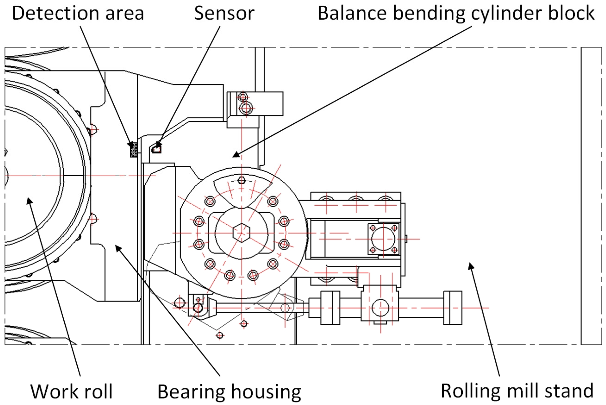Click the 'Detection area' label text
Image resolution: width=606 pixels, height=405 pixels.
click(78, 13)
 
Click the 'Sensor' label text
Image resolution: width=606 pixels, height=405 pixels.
click(224, 13)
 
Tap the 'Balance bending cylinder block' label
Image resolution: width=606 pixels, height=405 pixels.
click(456, 13)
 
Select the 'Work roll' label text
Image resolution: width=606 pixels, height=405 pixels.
click(72, 391)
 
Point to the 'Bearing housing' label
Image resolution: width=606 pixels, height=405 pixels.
click(229, 391)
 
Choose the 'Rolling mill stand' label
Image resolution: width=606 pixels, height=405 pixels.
click(517, 391)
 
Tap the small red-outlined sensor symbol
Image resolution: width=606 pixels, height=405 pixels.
click(157, 149)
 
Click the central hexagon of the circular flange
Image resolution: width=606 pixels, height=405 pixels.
click(242, 233)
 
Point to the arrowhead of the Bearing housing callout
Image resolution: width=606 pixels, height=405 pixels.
click(118, 248)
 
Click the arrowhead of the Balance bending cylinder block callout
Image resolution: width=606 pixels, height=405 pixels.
click(236, 155)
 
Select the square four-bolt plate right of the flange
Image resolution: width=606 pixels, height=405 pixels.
click(384, 239)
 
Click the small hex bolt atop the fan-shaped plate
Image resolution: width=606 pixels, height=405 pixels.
click(242, 180)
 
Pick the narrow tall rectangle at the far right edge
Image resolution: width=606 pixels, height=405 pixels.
click(591, 196)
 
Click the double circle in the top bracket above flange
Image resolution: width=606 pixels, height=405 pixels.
click(246, 108)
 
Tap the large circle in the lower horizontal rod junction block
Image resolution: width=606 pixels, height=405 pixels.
click(380, 308)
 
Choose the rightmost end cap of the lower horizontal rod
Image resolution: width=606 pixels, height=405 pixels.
click(453, 307)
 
